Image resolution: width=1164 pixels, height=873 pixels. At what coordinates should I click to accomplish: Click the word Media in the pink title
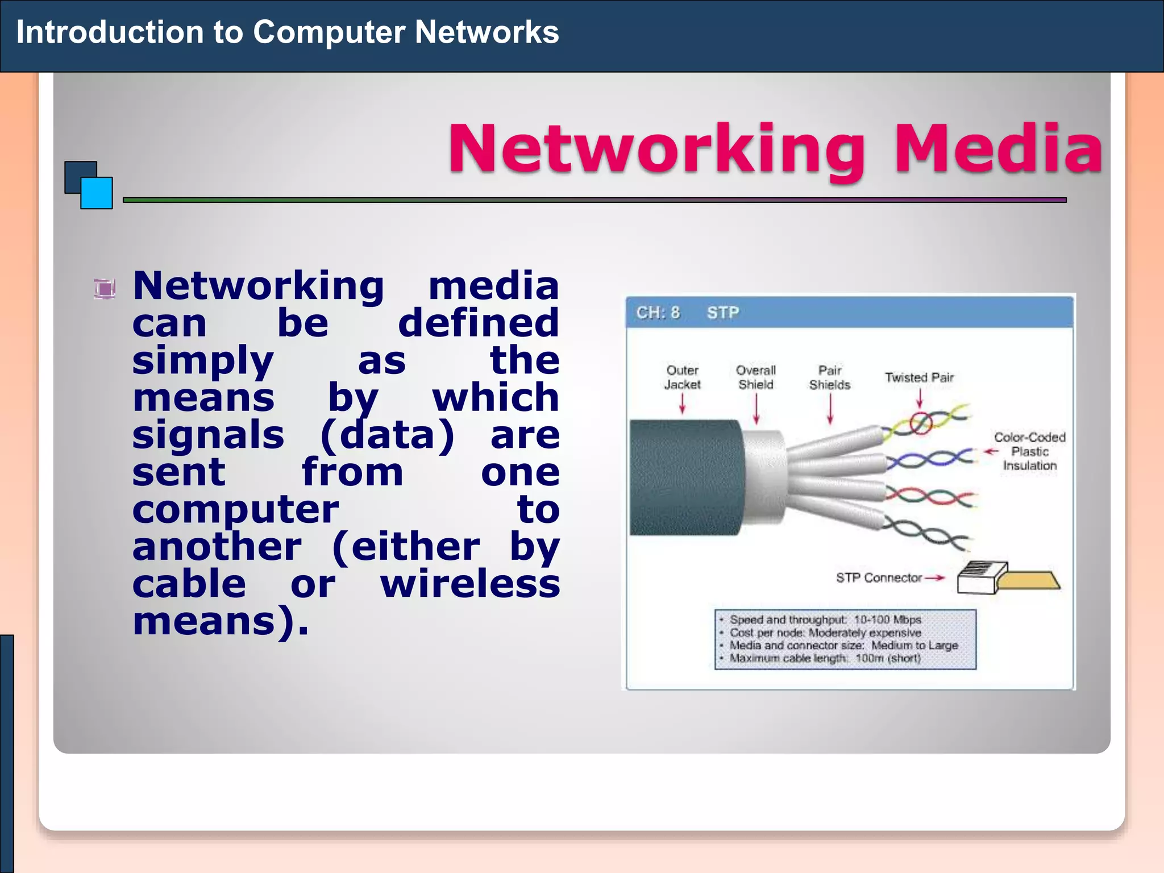coord(998,149)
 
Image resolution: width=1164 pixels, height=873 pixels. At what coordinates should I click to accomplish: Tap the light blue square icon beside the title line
coord(97,193)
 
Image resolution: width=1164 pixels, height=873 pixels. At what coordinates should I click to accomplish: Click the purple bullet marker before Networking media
coord(105,289)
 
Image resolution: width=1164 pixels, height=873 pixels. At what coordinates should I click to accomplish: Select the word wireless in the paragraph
coord(470,584)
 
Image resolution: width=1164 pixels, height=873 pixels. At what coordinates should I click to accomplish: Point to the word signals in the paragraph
coord(208,435)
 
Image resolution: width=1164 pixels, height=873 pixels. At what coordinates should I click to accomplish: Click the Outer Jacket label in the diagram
coord(682,377)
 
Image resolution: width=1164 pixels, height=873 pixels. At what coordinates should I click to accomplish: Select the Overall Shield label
coord(755,377)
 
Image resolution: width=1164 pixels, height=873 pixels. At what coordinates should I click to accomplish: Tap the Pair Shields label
coord(829,377)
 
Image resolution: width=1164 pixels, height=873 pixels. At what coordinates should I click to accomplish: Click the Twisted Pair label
coord(918,377)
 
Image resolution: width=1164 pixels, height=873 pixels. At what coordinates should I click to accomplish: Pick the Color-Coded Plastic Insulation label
coord(1029,451)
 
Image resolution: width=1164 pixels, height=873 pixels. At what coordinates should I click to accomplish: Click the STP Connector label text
coord(878,578)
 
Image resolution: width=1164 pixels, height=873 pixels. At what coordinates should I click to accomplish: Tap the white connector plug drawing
coord(982,577)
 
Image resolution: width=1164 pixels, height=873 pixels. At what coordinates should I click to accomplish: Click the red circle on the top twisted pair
coord(921,422)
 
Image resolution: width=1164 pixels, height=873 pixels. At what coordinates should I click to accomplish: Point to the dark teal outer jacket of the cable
coord(685,477)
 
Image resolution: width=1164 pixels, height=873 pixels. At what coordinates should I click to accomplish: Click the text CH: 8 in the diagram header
coord(658,313)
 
